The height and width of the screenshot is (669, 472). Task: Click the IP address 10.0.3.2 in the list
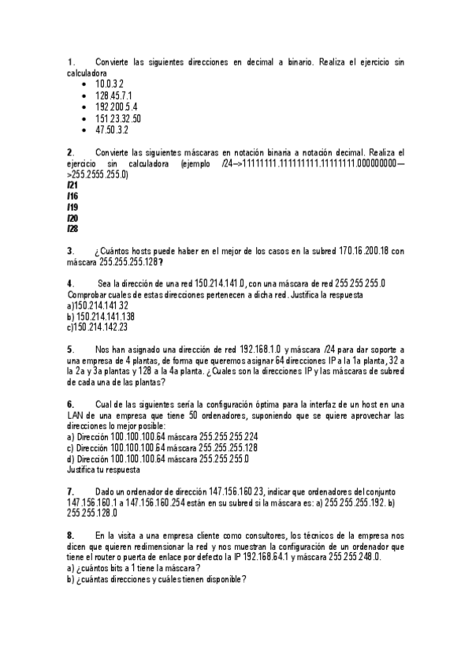click(x=109, y=84)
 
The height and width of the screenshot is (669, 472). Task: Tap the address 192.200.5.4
click(x=116, y=107)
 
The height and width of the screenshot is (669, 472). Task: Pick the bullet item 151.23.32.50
click(x=117, y=118)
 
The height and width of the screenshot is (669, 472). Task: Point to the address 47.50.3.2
click(x=111, y=129)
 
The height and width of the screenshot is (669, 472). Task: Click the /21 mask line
click(x=72, y=185)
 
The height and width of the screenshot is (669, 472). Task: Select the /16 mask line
click(x=72, y=196)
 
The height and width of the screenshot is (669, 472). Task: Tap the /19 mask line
click(x=72, y=207)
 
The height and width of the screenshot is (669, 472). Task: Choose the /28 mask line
click(x=72, y=230)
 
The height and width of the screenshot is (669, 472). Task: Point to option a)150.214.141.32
click(x=98, y=305)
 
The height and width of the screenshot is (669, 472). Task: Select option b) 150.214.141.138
click(x=100, y=316)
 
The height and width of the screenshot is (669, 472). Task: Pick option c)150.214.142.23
click(x=98, y=327)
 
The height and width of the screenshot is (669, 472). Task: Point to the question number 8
click(x=71, y=535)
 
